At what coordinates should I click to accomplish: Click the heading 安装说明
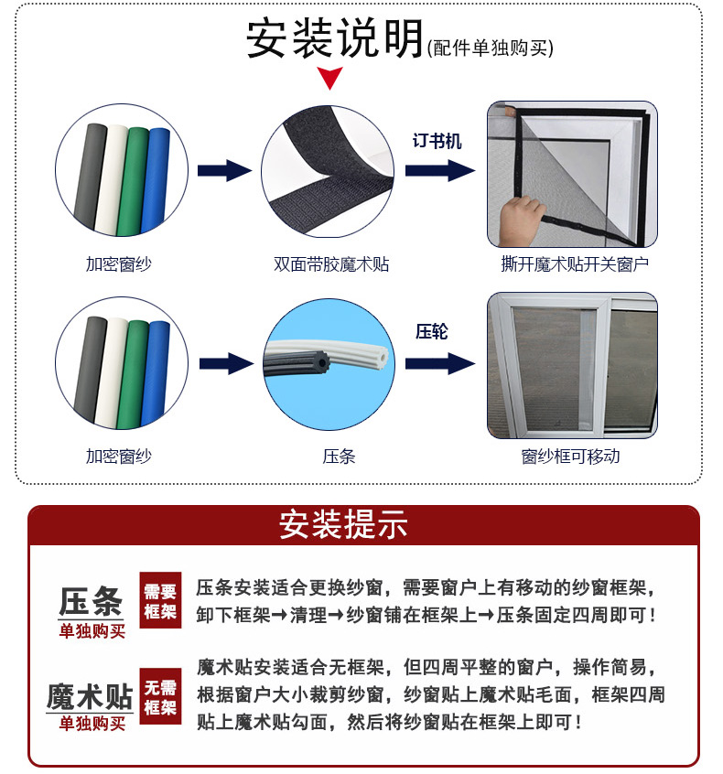click(x=335, y=38)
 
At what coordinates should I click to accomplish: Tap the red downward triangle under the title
click(x=329, y=78)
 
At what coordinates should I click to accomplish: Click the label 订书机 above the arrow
click(x=437, y=141)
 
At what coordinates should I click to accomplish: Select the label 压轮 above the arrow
click(x=432, y=332)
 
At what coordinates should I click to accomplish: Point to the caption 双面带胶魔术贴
click(x=331, y=264)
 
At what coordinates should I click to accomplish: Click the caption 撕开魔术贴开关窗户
click(x=575, y=264)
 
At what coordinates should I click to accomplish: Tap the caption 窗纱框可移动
click(x=571, y=457)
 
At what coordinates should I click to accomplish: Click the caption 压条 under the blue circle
click(x=339, y=457)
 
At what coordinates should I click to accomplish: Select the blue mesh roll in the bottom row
click(x=156, y=373)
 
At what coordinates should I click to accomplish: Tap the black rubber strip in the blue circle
click(x=297, y=364)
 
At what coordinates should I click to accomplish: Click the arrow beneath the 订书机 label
click(x=439, y=170)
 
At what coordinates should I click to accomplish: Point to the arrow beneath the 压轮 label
click(x=439, y=364)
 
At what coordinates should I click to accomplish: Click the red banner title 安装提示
click(x=344, y=524)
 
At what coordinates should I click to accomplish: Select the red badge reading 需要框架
click(x=160, y=600)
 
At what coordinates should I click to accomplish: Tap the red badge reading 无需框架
click(x=160, y=696)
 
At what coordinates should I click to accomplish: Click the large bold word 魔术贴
click(x=90, y=696)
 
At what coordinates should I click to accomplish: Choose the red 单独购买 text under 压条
click(x=92, y=631)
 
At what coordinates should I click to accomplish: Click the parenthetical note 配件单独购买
click(x=491, y=48)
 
